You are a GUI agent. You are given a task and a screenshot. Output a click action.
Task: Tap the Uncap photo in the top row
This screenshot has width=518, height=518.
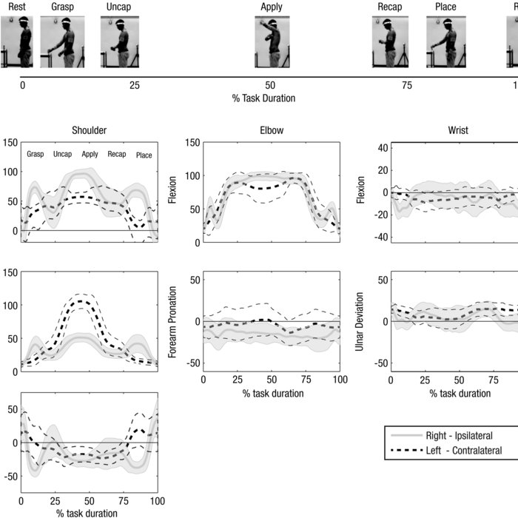120,42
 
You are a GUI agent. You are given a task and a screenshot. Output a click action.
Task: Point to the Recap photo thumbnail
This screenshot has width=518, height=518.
389,42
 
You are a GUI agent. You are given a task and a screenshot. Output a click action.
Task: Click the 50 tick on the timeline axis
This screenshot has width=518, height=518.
271,86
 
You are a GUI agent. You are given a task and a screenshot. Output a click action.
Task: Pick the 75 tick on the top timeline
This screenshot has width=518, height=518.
406,86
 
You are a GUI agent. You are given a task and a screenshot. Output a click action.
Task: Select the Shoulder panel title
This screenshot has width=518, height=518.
89,131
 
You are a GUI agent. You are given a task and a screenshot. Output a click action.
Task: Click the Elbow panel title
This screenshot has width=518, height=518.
272,131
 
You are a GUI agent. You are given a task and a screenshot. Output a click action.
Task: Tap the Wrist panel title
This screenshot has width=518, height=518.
458,131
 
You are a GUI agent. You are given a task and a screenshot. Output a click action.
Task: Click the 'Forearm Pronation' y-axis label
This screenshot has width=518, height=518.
173,320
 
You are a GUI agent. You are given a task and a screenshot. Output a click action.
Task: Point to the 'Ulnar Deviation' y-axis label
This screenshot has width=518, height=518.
360,320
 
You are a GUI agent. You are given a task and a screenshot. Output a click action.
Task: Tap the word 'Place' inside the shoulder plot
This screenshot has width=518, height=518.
144,155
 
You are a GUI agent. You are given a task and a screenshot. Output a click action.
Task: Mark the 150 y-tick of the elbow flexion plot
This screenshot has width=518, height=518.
191,143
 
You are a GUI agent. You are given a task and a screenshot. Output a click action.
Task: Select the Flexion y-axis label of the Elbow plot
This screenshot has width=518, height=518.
173,192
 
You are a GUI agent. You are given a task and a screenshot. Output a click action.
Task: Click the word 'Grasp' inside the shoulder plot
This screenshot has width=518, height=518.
36,154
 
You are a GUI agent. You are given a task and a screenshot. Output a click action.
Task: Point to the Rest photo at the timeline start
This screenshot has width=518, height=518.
16,42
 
